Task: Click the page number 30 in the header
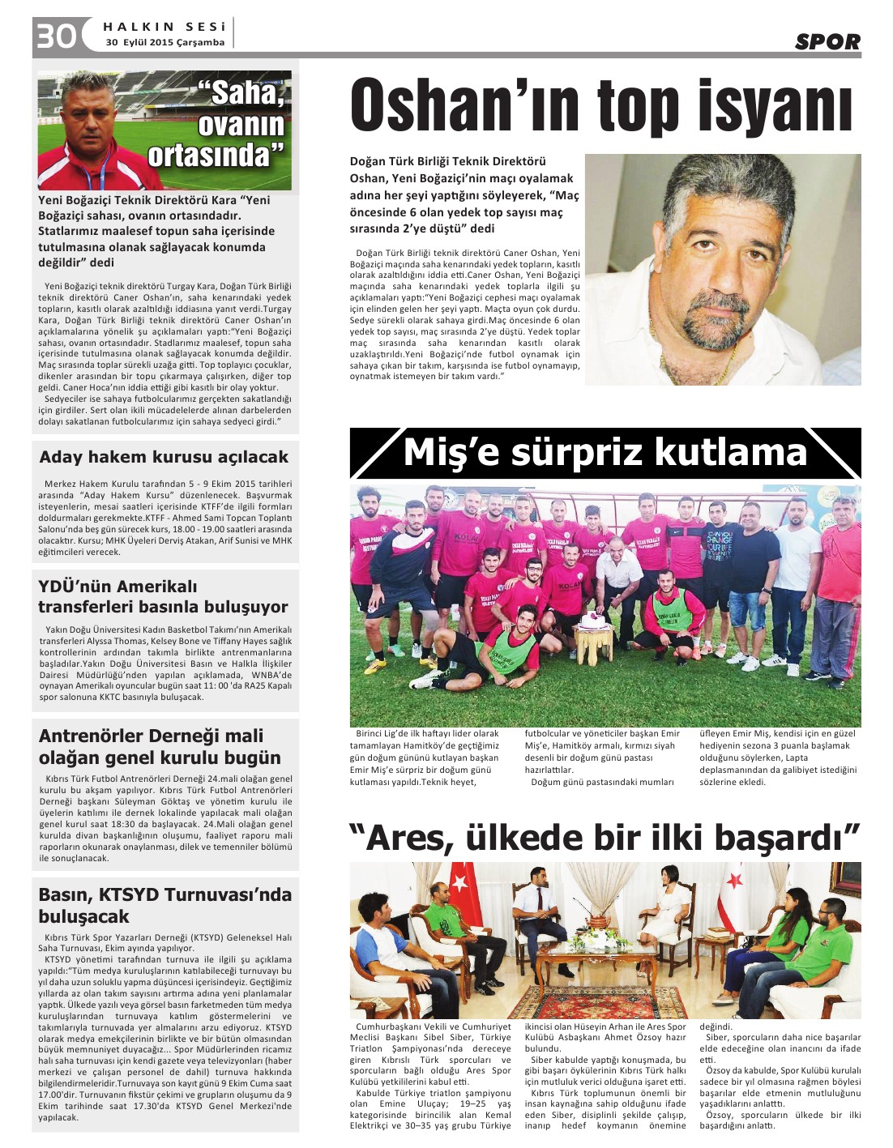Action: pos(56,36)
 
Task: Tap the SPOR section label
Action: pos(827,41)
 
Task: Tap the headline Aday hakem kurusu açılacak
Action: pos(164,457)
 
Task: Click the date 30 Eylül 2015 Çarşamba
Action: pos(165,42)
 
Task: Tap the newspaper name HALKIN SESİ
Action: pos(164,27)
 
